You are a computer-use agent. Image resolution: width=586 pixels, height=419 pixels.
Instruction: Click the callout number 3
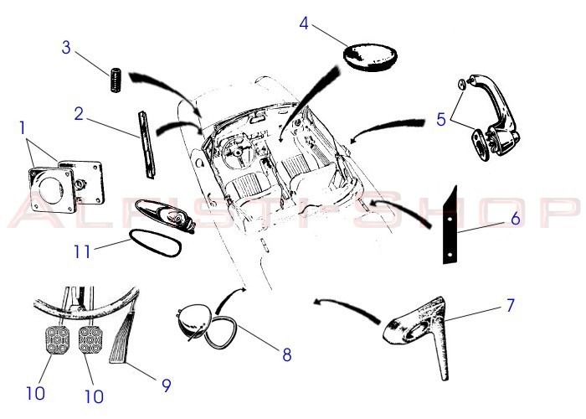coord(66,46)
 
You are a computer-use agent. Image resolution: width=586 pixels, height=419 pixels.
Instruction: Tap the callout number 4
coord(304,23)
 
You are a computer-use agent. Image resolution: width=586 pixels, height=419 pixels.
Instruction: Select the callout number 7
coord(510,305)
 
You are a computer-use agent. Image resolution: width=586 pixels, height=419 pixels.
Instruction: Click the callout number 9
coord(166,385)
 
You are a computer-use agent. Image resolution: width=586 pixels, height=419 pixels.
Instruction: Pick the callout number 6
coord(516,220)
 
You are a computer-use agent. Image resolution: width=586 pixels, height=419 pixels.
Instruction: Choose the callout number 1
coord(23,128)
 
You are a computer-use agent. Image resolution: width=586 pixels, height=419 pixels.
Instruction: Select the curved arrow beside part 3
coord(167,85)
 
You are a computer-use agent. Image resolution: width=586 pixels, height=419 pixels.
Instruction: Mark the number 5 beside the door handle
coord(441,119)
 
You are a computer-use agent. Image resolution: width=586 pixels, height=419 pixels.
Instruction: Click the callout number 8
coord(286,354)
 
